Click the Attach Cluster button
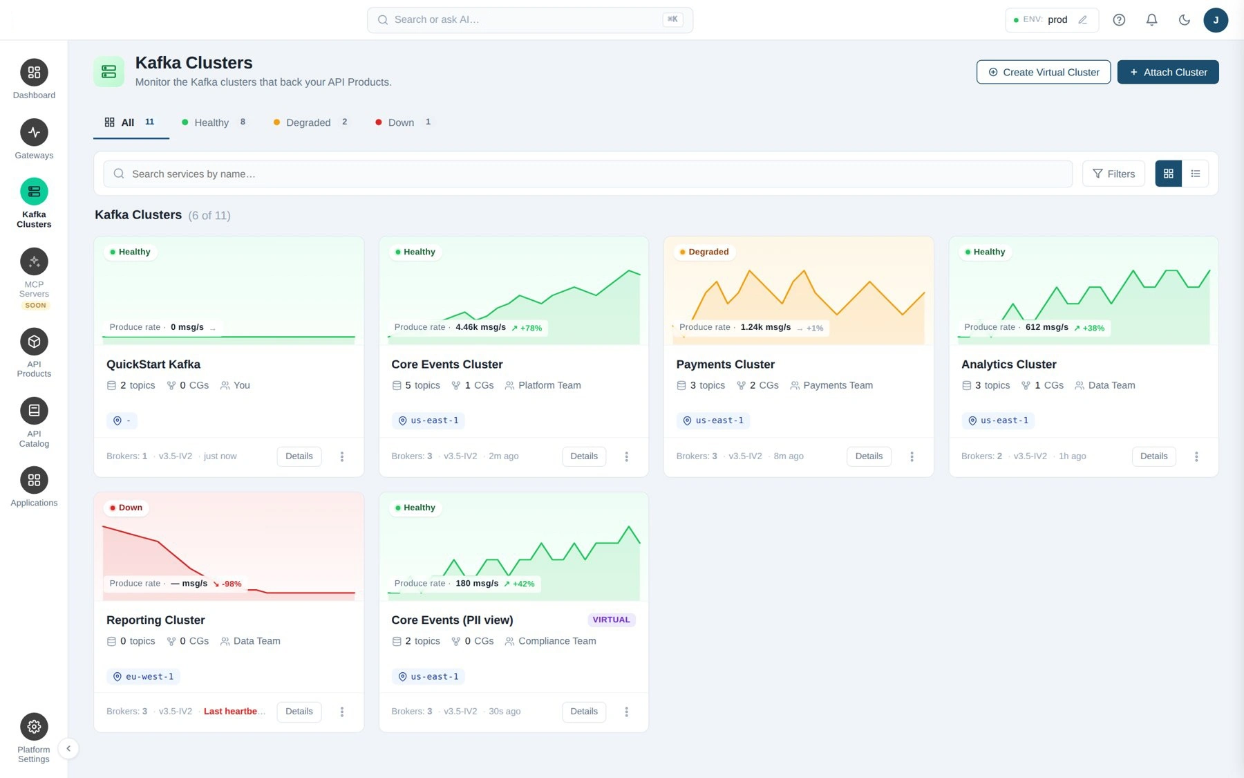1168,72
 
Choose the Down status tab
403,122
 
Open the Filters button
1113,174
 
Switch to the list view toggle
1195,174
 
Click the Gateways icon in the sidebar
34,132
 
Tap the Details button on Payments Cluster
869,456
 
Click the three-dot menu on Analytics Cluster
1196,456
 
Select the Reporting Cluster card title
155,620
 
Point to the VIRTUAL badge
611,620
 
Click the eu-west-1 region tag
143,676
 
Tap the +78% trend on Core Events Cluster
527,328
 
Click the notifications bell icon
1151,20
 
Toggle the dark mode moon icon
1184,20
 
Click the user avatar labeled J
1216,20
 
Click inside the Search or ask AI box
529,20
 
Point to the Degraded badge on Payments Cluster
704,252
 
